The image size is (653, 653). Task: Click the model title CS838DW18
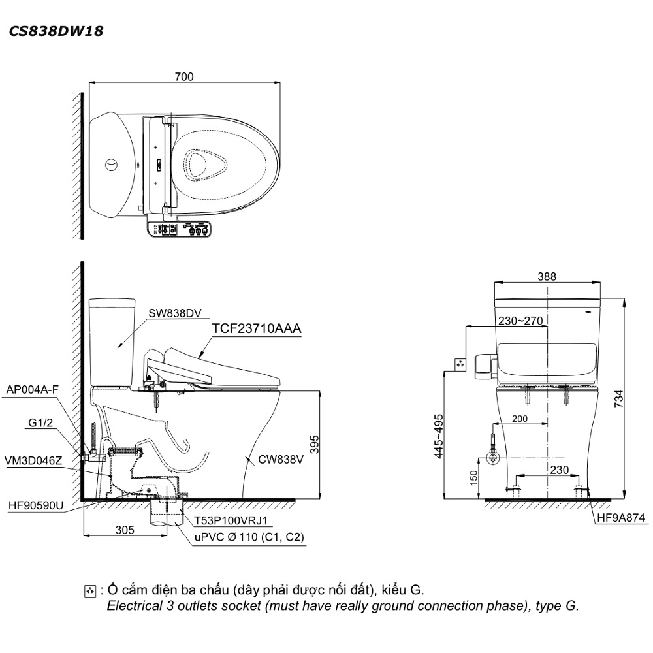[x=56, y=31]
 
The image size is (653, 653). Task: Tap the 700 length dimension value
[x=184, y=76]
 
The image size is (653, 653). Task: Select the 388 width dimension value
[x=547, y=276]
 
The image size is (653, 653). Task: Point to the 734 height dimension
[x=619, y=398]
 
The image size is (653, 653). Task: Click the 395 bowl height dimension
[x=314, y=444]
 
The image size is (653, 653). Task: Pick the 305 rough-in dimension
[x=125, y=530]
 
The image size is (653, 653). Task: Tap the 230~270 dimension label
[x=520, y=321]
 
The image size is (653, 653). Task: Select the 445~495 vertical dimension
[x=439, y=436]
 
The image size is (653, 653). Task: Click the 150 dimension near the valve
[x=473, y=478]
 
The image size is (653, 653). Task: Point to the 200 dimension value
[x=519, y=419]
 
